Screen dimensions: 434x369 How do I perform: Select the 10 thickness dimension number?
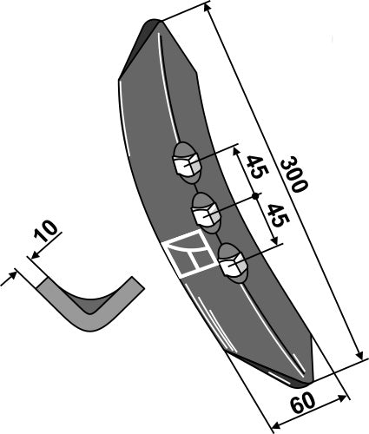pos(48,233)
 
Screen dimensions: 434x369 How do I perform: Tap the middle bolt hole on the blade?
pos(205,209)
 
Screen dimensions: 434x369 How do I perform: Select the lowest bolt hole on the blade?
pos(231,261)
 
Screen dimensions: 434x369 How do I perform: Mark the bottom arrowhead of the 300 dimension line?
pos(357,356)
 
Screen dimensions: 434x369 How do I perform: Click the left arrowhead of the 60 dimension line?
pos(276,424)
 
